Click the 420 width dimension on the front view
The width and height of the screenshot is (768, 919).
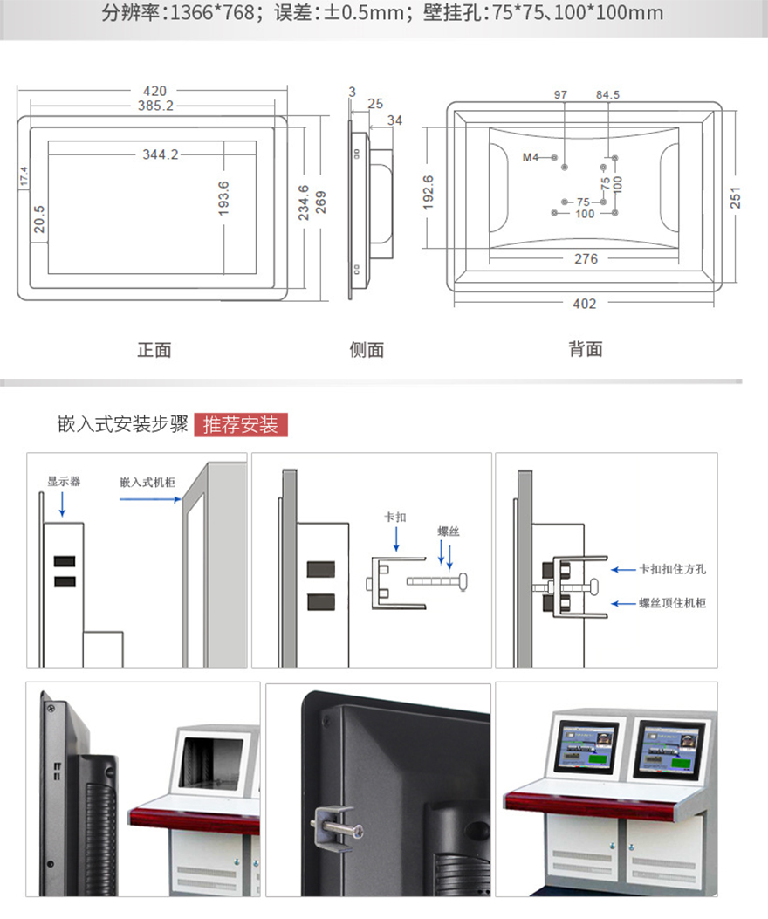tap(154, 91)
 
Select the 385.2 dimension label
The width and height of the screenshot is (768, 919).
tap(154, 106)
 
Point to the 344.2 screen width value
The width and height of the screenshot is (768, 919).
tap(161, 154)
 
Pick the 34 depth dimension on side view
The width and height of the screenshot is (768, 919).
tap(394, 120)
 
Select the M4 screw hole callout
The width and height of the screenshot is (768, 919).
tap(531, 157)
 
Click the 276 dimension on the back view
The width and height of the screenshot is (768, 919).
tap(586, 259)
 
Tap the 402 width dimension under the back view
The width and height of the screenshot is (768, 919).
tap(584, 304)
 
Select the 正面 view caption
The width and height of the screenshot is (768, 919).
tap(154, 350)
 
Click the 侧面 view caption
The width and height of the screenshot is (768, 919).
tap(367, 350)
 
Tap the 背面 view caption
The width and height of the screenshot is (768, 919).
tap(586, 349)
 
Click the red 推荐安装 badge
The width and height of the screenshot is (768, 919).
tap(240, 425)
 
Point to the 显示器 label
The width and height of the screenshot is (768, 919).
tap(64, 481)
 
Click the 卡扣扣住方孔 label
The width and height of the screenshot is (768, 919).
tap(673, 569)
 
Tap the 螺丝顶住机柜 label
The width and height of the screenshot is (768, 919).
tap(673, 603)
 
